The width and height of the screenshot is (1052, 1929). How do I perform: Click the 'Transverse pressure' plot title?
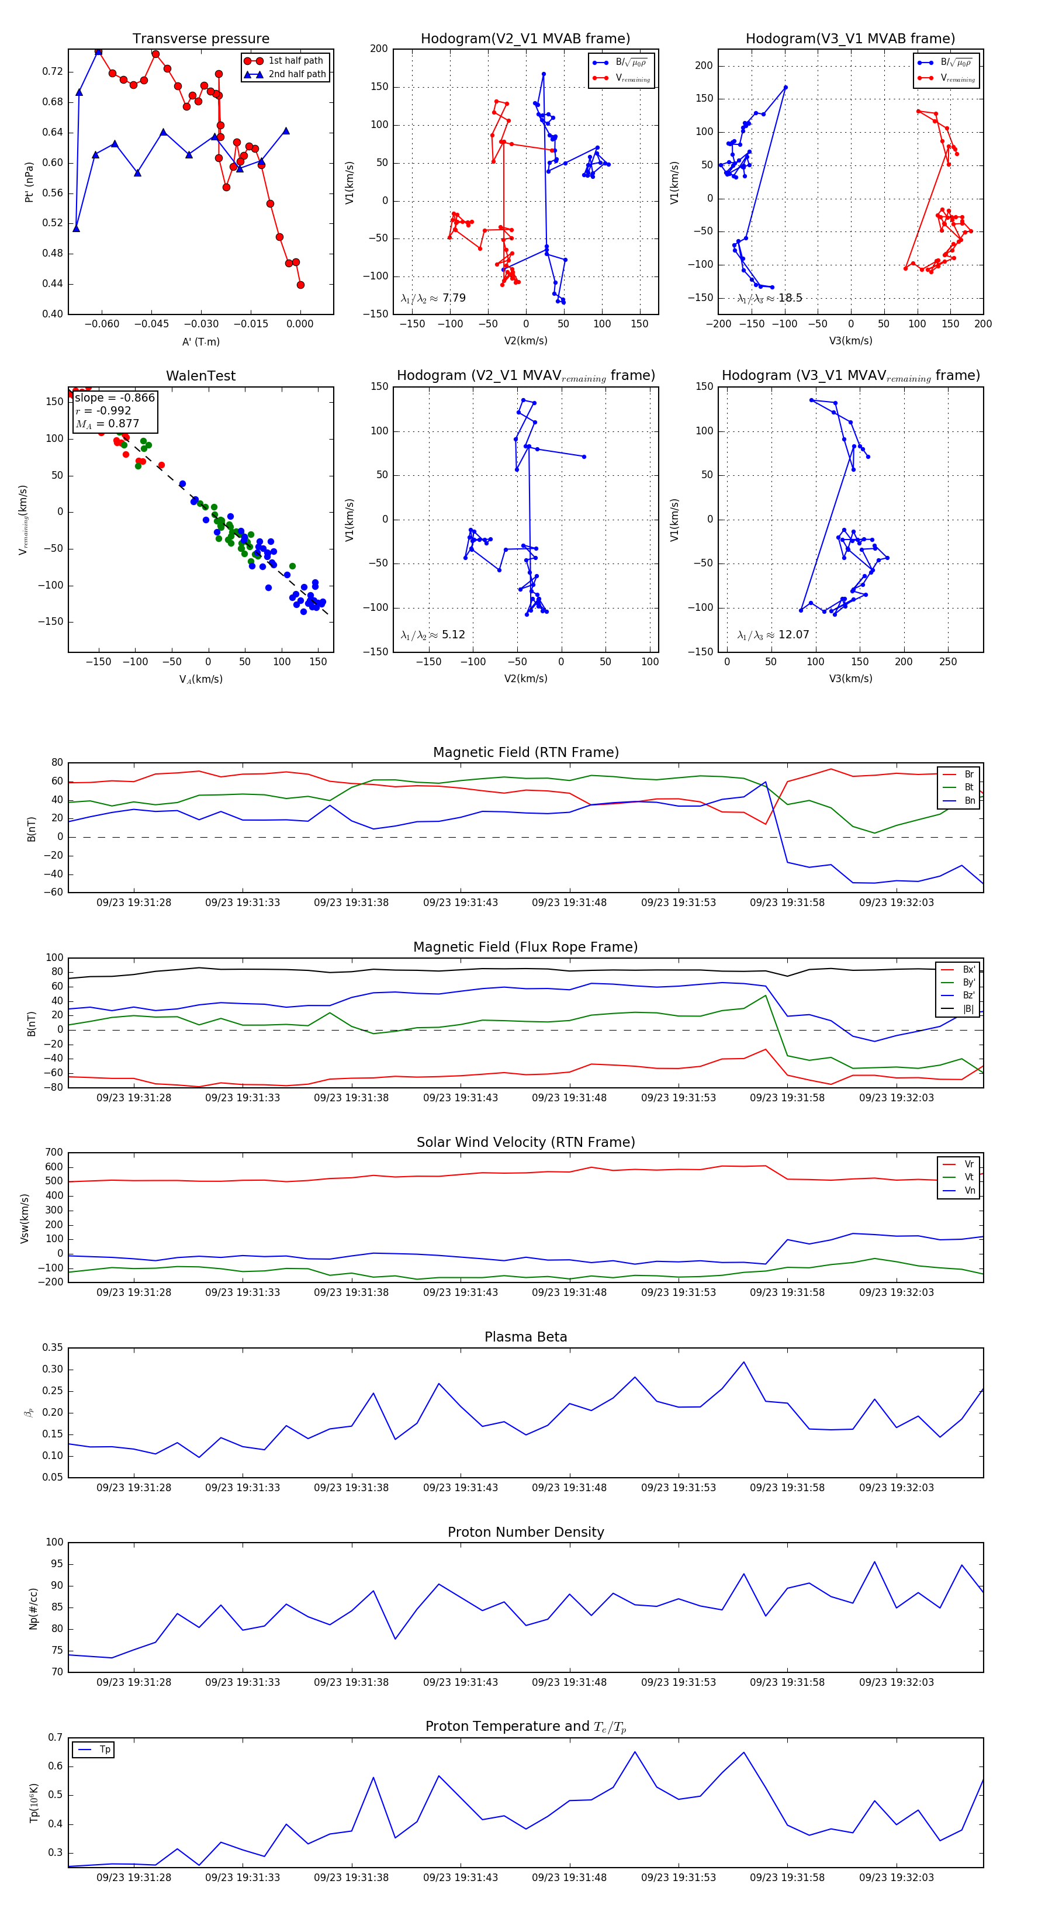[200, 39]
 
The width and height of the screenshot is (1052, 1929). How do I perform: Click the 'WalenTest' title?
[200, 376]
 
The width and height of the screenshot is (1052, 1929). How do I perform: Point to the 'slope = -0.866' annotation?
[115, 397]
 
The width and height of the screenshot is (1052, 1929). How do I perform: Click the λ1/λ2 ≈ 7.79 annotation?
[432, 298]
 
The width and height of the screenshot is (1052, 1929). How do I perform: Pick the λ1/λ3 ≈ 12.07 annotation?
[773, 635]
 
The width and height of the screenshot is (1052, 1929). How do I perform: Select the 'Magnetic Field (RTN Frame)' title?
[525, 752]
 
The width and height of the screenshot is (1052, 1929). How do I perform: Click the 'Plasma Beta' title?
[525, 1337]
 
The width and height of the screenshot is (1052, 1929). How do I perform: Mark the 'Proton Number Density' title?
[525, 1532]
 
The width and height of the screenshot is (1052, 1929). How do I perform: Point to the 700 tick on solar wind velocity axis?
[54, 1153]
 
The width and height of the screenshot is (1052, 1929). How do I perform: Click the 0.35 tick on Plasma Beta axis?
[53, 1348]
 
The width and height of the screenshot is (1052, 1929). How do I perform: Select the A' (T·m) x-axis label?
[200, 341]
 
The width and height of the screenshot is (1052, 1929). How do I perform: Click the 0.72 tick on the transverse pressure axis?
[53, 72]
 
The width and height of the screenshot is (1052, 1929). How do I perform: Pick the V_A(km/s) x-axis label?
[200, 679]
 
